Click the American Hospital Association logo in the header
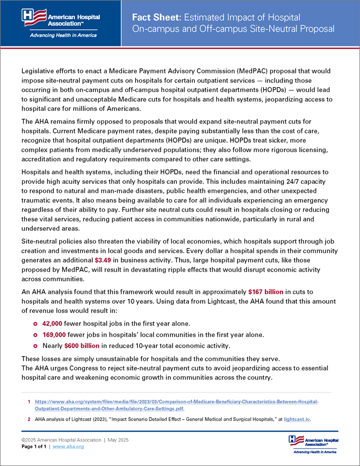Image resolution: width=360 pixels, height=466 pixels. coord(61,17)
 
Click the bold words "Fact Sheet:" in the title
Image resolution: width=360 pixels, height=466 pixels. coord(155,17)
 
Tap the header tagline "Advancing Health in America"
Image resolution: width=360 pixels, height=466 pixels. coord(61,35)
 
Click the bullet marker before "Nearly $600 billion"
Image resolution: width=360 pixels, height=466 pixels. coord(35,346)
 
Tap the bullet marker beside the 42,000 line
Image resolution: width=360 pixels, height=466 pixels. coord(35,324)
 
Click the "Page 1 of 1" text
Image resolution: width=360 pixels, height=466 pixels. coord(34,447)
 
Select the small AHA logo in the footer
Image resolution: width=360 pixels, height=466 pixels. coord(314,444)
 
